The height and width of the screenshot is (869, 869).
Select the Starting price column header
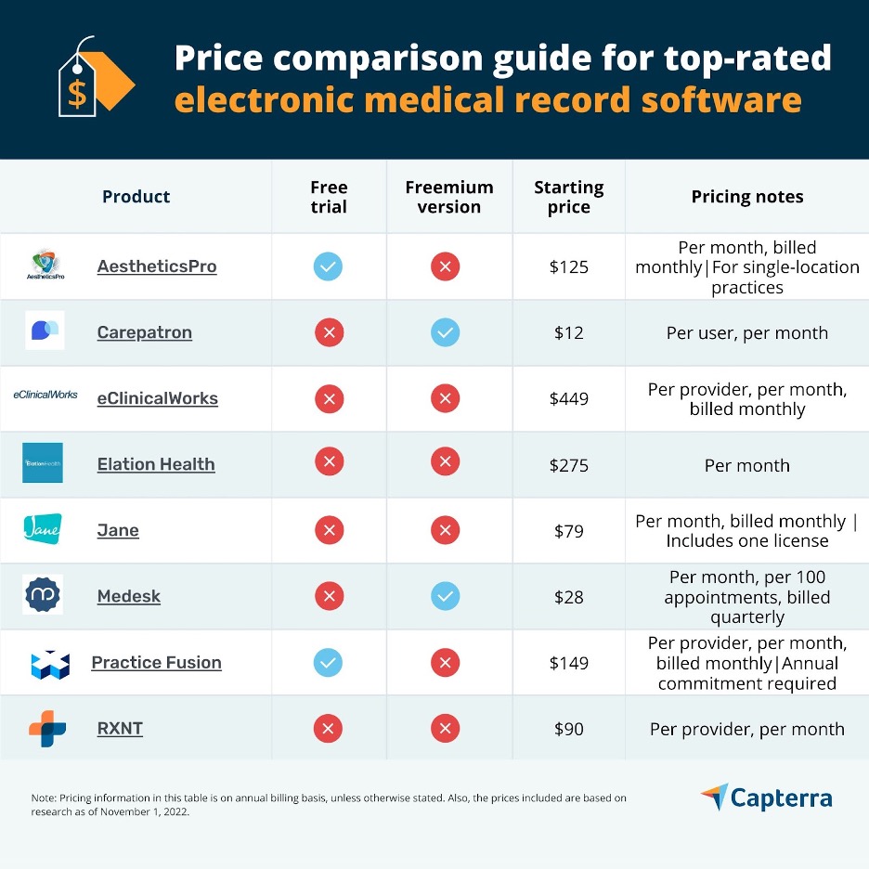(568, 197)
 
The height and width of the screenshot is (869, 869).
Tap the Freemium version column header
(449, 197)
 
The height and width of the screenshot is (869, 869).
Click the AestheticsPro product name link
(156, 266)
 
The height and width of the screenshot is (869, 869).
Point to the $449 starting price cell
(568, 399)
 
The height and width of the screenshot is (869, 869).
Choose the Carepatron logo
(45, 331)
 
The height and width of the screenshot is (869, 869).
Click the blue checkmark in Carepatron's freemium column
(445, 332)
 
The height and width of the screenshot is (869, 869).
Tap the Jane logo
(43, 529)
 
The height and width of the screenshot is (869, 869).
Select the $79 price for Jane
(568, 531)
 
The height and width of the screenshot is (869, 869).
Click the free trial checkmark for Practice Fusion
(328, 663)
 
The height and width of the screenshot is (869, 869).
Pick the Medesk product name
(128, 597)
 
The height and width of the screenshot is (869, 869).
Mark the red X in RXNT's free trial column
(328, 729)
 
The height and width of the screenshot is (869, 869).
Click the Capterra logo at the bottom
(767, 798)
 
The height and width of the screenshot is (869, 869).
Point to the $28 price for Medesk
(568, 597)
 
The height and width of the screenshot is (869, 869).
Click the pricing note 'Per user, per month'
(746, 333)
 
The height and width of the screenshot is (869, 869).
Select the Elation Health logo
(43, 462)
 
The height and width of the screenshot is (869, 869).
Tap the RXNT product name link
(120, 729)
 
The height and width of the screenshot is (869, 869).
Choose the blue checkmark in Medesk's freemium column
(445, 597)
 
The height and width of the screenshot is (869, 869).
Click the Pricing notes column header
(746, 197)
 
